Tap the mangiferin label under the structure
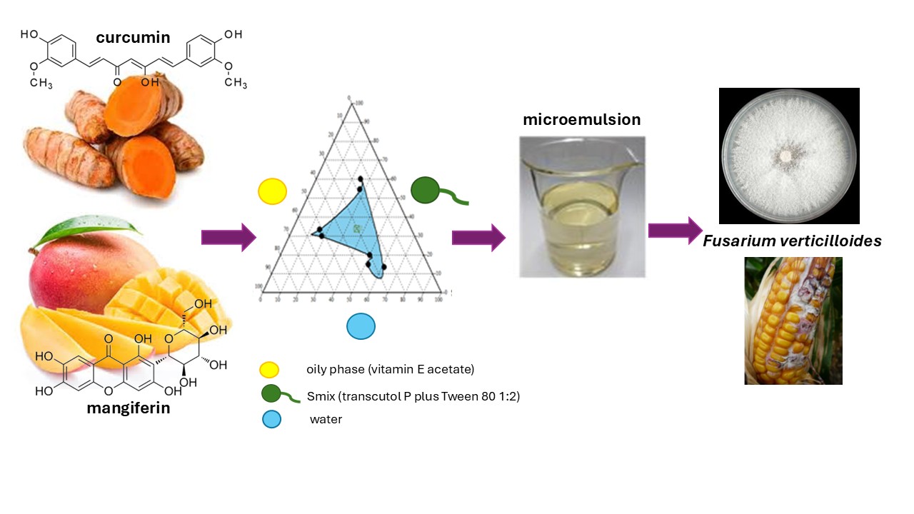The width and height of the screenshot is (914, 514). point(129,408)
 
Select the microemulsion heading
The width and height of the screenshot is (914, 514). point(581,119)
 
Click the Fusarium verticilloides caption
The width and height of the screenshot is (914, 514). point(792,241)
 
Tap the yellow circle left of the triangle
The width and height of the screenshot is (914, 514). point(272,191)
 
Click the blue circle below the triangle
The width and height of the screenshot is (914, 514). point(361,327)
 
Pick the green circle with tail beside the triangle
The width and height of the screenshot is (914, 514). point(425,190)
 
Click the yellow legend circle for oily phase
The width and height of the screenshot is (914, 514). point(269,370)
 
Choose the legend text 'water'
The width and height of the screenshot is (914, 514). point(326,420)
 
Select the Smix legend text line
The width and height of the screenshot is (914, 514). point(413,395)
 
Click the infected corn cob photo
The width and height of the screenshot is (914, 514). point(793,321)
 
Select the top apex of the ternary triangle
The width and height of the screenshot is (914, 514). point(351,104)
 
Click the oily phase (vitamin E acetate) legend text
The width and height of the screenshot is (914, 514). point(390,370)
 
